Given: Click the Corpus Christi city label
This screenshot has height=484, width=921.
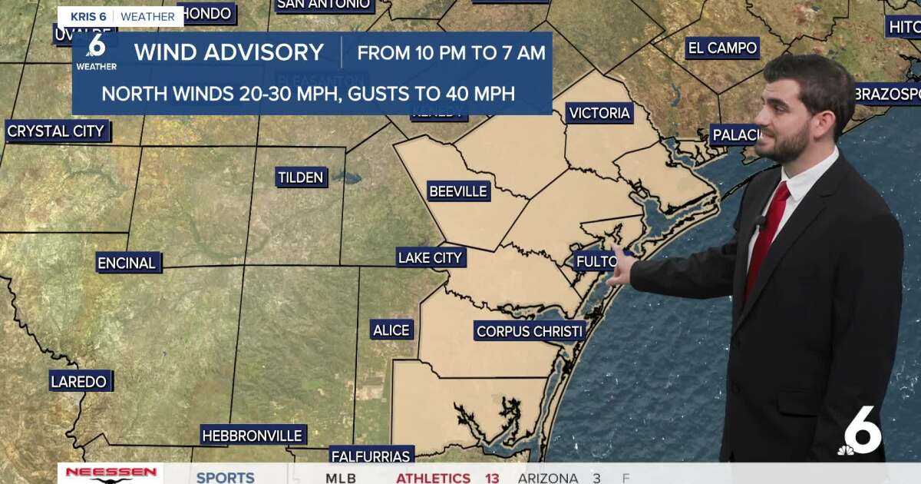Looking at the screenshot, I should pos(530,332).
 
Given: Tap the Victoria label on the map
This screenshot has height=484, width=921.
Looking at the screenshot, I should pos(599,114).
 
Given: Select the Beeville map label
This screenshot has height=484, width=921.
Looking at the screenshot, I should pos(458,191).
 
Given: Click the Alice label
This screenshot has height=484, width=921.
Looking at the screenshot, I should pos(391,330).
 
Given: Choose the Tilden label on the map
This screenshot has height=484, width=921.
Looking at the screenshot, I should pos(301,178).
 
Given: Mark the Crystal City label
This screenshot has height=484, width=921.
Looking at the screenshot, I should pos(56,131).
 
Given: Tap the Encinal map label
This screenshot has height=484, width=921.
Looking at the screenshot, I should pos(127,263).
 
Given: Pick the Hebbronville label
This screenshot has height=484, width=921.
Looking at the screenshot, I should pos(252,436).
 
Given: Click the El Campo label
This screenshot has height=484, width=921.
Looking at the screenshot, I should pos(722,48).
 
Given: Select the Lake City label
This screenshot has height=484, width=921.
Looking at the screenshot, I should pos(431,258).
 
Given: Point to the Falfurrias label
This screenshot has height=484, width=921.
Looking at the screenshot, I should pos(372,455).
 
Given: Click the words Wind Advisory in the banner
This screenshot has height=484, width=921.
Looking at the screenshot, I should pos(229,52).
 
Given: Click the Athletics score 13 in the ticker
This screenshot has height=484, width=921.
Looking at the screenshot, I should pos(491,478).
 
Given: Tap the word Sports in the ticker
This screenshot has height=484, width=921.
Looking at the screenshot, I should pos(225,477).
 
